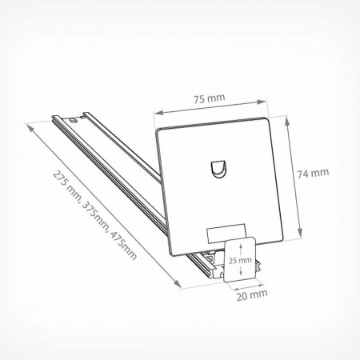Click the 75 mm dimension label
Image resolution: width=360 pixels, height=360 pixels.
pyautogui.click(x=210, y=98)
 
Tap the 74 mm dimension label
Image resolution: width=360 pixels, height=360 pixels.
pyautogui.click(x=313, y=174)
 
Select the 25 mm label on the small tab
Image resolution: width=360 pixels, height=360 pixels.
pyautogui.click(x=240, y=260)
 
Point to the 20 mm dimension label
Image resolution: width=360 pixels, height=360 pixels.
pyautogui.click(x=252, y=294)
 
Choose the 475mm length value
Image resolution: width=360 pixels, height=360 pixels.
pyautogui.click(x=123, y=246)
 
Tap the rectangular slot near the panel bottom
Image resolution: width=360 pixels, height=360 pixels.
pyautogui.click(x=226, y=234)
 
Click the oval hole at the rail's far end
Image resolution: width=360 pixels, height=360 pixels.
pyautogui.click(x=73, y=120)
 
